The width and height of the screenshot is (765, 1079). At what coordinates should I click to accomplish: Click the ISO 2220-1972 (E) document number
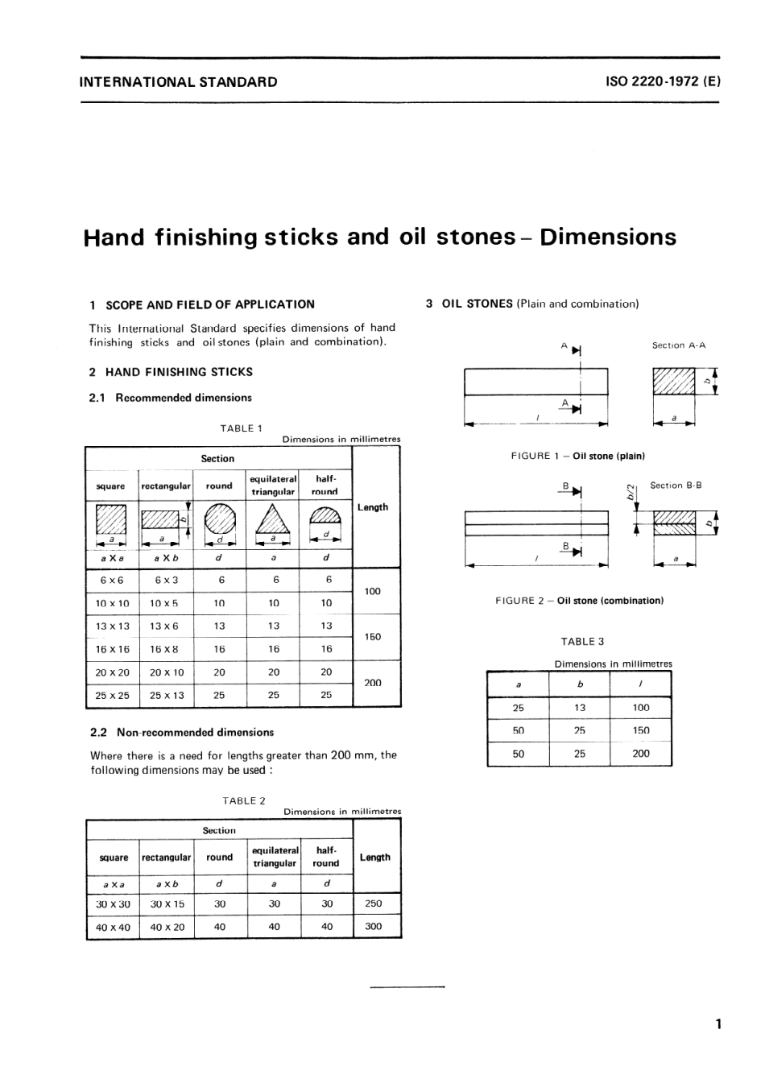pos(662,81)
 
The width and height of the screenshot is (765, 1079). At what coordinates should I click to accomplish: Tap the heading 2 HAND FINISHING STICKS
pos(171,372)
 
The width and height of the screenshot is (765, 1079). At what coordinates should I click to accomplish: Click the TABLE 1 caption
pos(242,428)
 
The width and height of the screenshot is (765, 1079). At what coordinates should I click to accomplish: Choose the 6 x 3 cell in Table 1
pos(166,580)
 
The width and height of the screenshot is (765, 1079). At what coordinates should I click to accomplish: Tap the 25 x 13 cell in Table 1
pos(166,695)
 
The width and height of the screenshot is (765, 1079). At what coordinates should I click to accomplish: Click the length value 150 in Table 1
pos(372,637)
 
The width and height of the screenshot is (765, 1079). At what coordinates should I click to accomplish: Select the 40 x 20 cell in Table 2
pos(167,927)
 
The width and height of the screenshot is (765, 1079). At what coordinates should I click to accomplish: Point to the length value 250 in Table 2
pos(374,903)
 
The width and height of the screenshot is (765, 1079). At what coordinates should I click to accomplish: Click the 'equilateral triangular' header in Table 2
pos(275,857)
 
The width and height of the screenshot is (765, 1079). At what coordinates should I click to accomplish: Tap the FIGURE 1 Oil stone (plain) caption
pos(577,456)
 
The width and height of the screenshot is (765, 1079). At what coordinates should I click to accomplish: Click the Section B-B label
pos(676,486)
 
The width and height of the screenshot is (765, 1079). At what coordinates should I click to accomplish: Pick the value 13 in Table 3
pos(580,708)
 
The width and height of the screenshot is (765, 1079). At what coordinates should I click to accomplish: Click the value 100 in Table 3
pos(640,708)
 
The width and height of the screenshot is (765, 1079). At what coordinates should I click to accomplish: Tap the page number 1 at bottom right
pos(717,1024)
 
